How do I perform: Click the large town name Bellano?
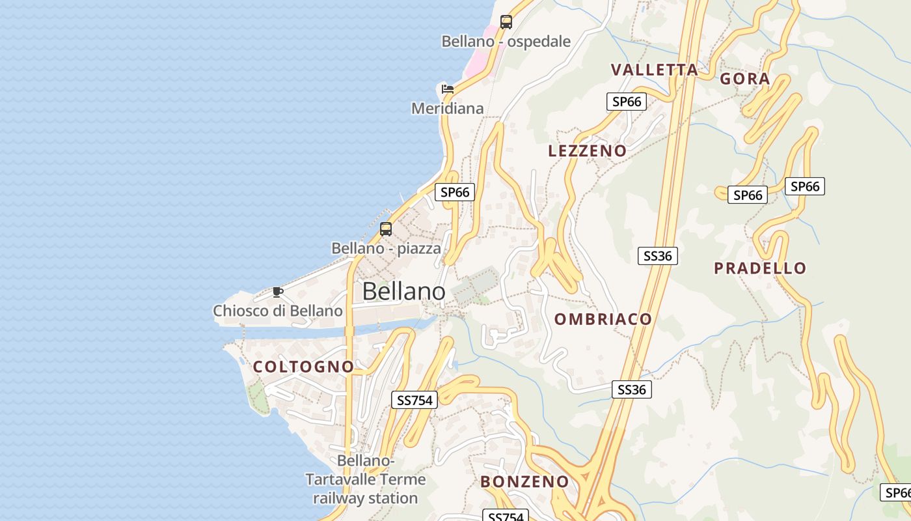pos(403,291)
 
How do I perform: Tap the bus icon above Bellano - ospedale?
pos(506,21)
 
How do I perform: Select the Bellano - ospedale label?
pos(506,42)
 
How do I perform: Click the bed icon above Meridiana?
pos(447,89)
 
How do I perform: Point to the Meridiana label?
pos(447,108)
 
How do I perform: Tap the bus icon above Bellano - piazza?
pos(386,229)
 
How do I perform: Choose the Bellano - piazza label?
pos(386,248)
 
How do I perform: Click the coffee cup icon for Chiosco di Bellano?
pos(278,292)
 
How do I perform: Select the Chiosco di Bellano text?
pos(278,311)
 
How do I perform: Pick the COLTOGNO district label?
pos(303,367)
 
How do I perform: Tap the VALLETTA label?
pos(654,70)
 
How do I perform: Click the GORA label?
pos(744,79)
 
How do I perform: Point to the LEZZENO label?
pos(587,151)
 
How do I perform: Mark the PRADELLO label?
pos(759,268)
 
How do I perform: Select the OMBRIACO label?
pos(603,319)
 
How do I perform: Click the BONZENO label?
pos(524,482)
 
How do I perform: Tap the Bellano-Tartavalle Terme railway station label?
pos(365,480)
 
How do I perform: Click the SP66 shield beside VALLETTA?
pos(627,102)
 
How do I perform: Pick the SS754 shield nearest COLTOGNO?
pos(414,400)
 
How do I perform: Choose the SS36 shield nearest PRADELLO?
pos(657,256)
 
